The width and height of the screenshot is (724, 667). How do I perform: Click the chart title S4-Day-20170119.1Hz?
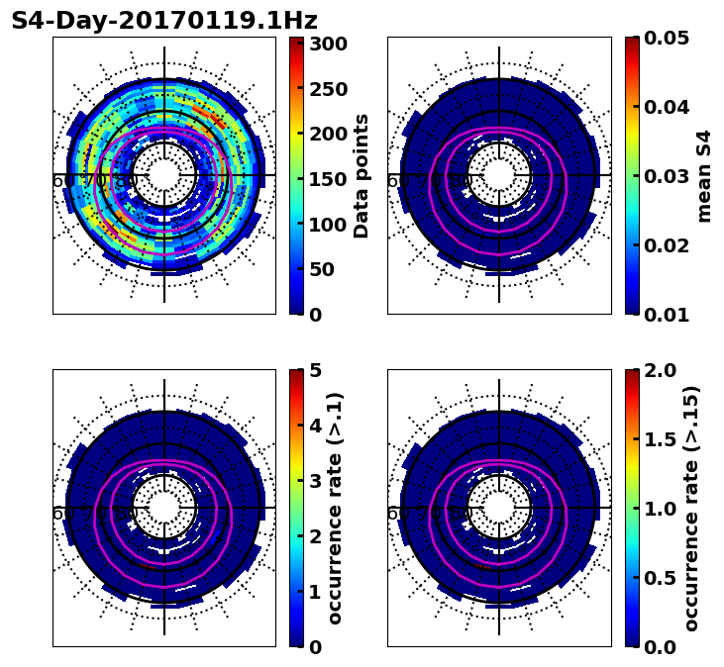coord(164,21)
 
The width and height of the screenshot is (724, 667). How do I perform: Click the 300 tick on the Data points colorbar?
coord(327,44)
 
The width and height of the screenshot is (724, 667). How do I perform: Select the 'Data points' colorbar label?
coord(362,175)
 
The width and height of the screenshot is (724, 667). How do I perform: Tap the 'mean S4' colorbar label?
coord(704,175)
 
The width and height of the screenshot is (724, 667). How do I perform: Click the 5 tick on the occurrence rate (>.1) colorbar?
coord(315,370)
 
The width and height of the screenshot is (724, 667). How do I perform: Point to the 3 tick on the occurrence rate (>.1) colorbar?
coord(315,481)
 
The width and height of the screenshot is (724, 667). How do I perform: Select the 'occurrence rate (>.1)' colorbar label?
coord(335,508)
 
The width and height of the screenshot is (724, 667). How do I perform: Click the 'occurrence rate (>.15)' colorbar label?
coord(690,508)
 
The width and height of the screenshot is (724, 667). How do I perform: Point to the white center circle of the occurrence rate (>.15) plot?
coord(499,508)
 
